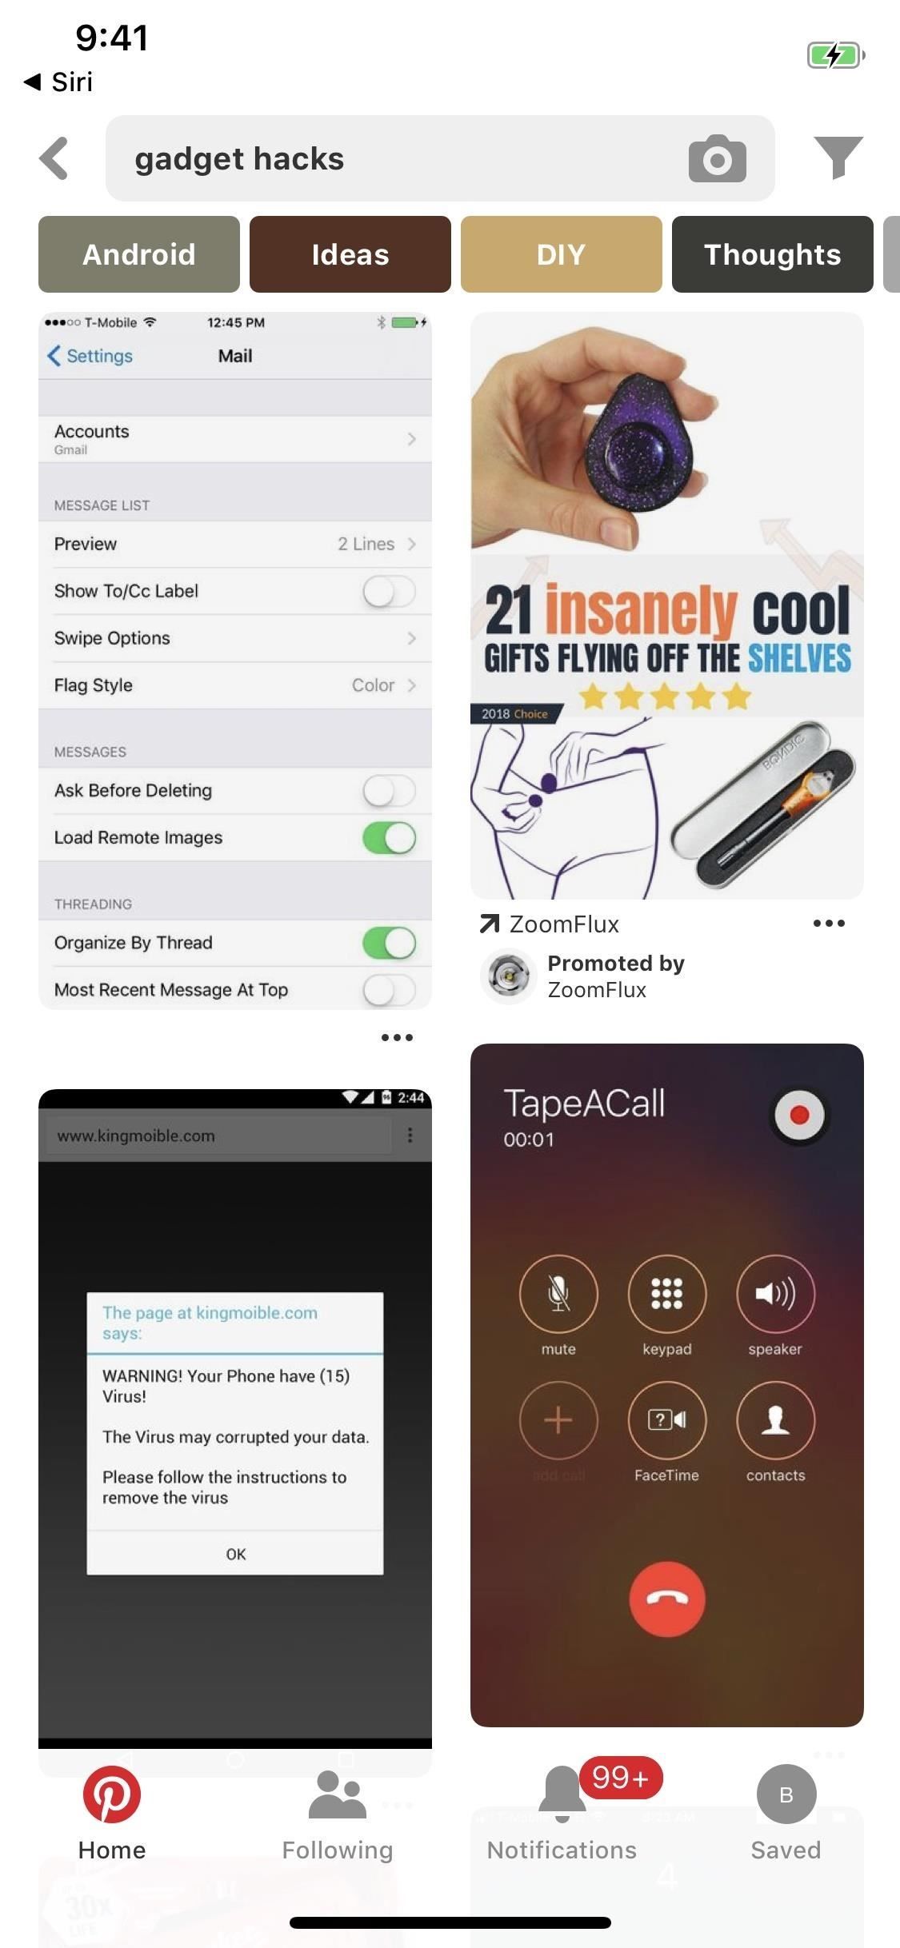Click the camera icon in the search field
tap(717, 158)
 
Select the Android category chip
tap(139, 254)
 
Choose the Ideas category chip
tap(350, 254)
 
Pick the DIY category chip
tap(561, 254)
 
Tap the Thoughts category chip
tap(772, 254)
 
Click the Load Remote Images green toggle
tap(389, 837)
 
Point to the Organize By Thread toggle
tap(389, 942)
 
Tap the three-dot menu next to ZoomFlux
tap(829, 924)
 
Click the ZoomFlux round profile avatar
tap(508, 976)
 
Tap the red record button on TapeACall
tap(799, 1115)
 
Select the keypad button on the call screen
tap(667, 1293)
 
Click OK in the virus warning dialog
tap(235, 1554)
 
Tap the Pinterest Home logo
tap(112, 1795)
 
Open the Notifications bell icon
tap(562, 1795)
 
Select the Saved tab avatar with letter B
tap(786, 1795)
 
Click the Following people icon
tap(337, 1795)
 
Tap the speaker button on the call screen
tap(775, 1293)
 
